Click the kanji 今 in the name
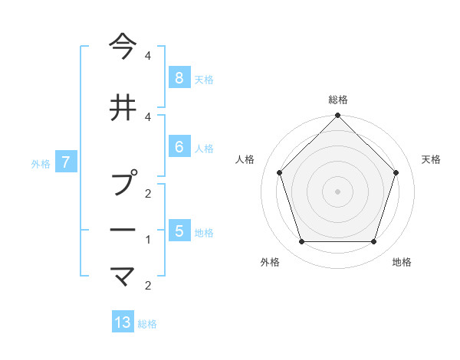point(123,47)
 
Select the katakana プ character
point(123,184)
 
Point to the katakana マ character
point(123,276)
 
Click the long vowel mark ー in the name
point(123,231)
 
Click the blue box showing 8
point(179,77)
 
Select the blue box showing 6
point(179,147)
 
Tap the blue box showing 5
point(179,231)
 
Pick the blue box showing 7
point(67,162)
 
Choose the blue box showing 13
point(123,322)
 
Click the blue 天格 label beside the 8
point(203,79)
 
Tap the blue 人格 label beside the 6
point(203,148)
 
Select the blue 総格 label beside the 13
point(147,324)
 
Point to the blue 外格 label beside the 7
point(41,163)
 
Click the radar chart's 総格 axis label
point(338,100)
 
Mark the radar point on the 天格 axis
point(396,172)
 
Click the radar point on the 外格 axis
point(301,242)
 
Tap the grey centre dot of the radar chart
point(338,191)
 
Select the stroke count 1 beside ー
point(148,239)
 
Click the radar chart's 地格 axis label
point(402,262)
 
